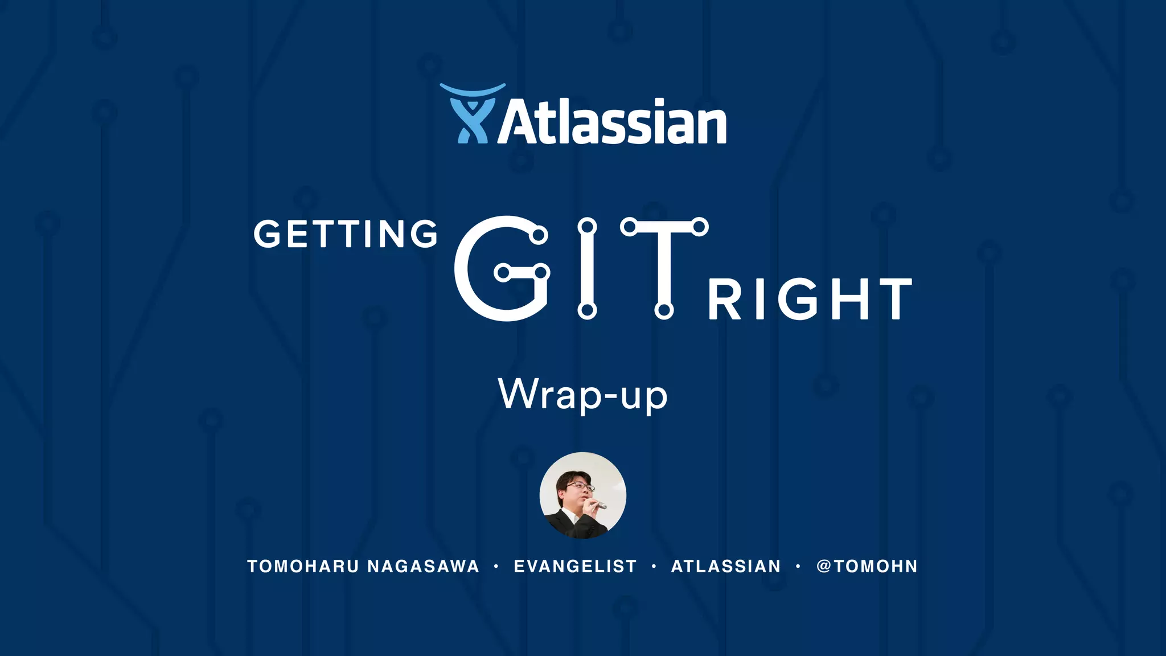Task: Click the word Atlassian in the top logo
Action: (612, 122)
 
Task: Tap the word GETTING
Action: (346, 234)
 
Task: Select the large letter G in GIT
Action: (501, 268)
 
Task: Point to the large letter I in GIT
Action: (587, 268)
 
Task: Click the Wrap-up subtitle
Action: (582, 394)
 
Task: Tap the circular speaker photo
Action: (582, 495)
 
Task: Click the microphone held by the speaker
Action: (599, 505)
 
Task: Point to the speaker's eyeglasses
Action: (580, 486)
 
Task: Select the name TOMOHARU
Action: (303, 567)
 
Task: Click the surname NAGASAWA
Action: (423, 567)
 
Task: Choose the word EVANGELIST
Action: (575, 567)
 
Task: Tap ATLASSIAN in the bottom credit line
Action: (726, 567)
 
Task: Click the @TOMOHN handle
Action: (867, 567)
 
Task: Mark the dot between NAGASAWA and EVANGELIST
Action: (496, 567)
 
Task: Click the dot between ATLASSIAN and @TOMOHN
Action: (798, 567)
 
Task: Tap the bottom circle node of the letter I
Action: (587, 310)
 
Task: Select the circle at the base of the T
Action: (664, 310)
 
